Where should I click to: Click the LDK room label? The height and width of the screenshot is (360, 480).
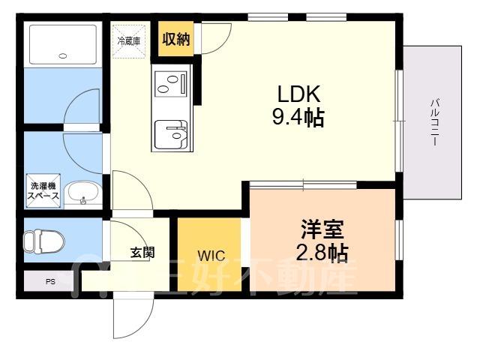tap(299, 94)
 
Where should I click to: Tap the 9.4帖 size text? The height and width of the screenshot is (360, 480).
tap(299, 118)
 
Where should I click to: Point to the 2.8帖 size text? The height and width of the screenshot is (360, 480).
tap(322, 252)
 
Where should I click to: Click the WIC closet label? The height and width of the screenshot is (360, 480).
tap(211, 256)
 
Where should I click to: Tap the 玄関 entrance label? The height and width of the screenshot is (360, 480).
tap(142, 253)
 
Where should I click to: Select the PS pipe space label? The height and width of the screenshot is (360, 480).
tap(50, 282)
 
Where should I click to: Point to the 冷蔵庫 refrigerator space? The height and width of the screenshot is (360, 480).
tap(127, 40)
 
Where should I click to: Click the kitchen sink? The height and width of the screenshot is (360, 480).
tap(172, 135)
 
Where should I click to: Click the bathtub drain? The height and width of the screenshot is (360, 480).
tap(63, 55)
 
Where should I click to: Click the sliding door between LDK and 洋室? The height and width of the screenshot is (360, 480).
tap(303, 184)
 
